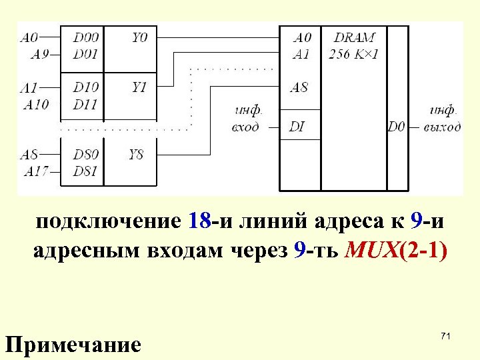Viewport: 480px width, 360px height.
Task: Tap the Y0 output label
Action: point(139,38)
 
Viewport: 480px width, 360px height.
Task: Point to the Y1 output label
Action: point(139,87)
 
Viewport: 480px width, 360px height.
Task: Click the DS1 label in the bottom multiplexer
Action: point(85,171)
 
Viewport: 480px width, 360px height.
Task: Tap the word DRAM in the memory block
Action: point(354,38)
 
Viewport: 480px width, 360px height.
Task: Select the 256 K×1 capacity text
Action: point(353,54)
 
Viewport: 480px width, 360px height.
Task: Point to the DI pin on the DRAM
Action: point(297,127)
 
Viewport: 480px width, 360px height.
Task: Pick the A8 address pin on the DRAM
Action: point(299,87)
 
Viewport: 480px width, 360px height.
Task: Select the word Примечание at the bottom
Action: point(73,345)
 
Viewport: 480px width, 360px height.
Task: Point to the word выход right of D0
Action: point(442,127)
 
